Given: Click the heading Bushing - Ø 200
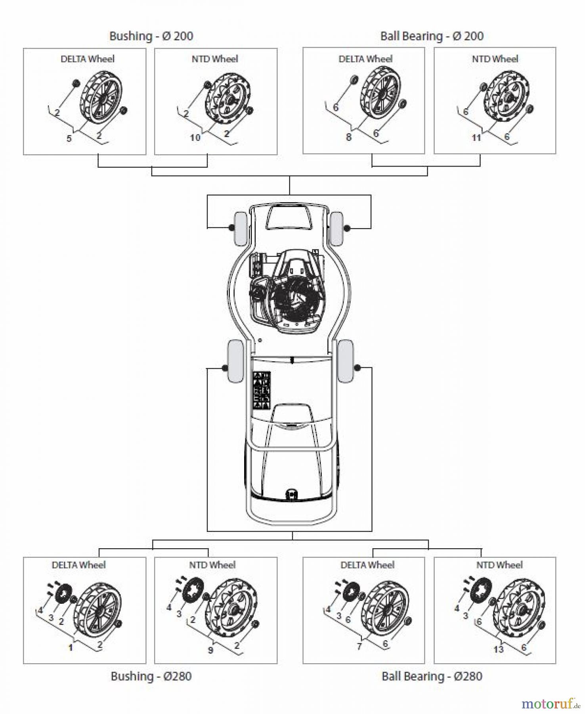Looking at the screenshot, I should click(151, 36).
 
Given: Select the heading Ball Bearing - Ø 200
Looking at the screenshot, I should click(432, 36).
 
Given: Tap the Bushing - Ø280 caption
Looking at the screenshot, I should click(151, 676).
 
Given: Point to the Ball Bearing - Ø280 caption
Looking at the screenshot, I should click(432, 676).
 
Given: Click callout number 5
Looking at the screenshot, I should click(69, 139).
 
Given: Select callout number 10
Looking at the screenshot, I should click(195, 138).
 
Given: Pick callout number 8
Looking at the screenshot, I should click(348, 138).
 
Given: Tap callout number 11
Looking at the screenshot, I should click(476, 138).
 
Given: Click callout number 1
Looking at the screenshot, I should click(71, 648).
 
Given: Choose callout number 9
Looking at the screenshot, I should click(210, 650).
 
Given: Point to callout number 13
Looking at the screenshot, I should click(498, 649).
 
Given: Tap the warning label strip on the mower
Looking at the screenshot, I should click(262, 390).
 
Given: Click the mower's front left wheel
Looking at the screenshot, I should click(240, 229).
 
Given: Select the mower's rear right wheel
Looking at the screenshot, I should click(345, 361).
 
